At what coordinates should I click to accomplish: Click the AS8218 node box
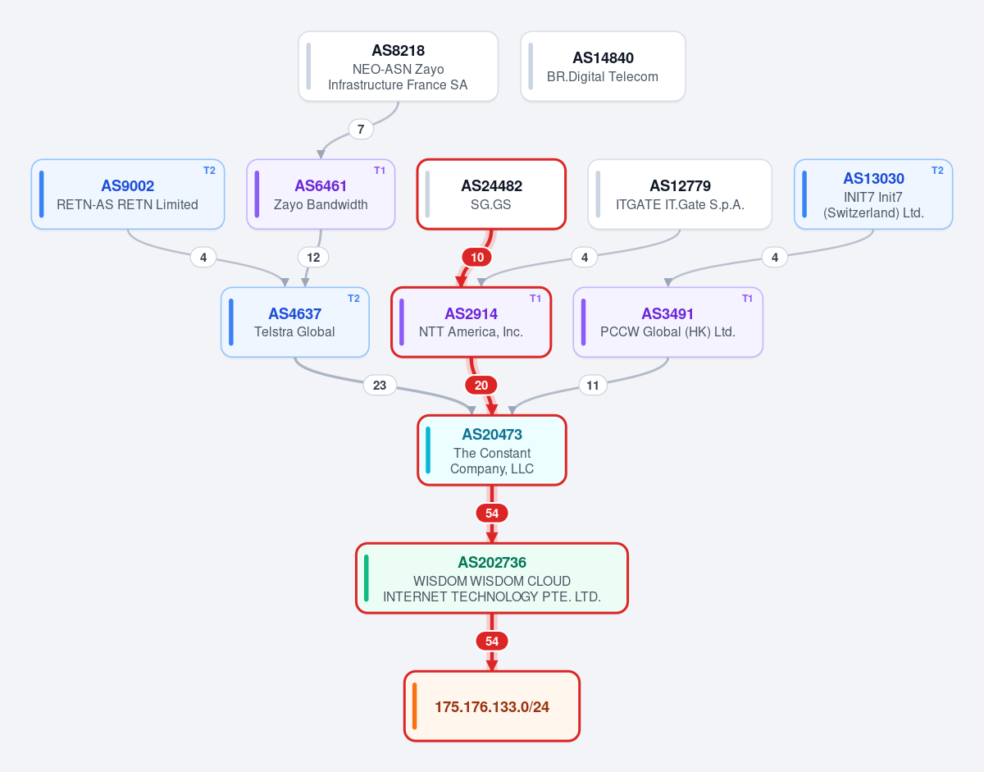[398, 66]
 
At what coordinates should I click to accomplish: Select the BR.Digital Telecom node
[603, 66]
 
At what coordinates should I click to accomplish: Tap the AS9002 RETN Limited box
[128, 194]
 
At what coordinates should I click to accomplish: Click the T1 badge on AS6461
[380, 171]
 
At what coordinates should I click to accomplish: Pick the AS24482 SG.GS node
[491, 194]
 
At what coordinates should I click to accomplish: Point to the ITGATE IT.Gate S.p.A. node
[680, 194]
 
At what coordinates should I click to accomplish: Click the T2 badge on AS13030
[937, 171]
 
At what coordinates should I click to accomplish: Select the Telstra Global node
[295, 322]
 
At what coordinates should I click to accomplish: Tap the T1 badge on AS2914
[535, 298]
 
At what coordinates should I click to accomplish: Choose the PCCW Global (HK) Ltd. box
[668, 322]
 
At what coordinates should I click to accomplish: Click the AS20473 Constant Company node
[492, 450]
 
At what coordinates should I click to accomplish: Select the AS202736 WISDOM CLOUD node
[492, 578]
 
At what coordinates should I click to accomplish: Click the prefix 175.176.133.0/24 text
[492, 706]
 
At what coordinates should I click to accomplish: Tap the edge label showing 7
[361, 130]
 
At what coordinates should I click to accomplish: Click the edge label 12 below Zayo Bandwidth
[313, 258]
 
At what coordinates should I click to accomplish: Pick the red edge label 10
[477, 258]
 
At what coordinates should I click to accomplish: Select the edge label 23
[380, 385]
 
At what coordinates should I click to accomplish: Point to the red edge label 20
[481, 385]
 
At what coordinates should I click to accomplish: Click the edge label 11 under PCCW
[593, 386]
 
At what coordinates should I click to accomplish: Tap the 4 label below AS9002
[203, 258]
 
